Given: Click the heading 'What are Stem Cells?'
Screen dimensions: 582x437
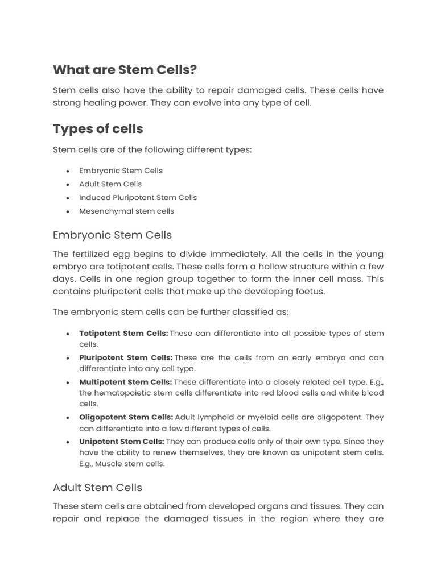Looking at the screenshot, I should pos(125,70).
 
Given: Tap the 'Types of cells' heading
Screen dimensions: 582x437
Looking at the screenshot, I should pos(98,129).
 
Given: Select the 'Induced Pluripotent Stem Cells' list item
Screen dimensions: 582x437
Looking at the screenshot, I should pos(138,198).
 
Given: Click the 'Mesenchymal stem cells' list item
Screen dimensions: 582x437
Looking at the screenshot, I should pos(126,211).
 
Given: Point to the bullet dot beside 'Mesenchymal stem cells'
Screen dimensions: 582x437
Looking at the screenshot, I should pos(68,211).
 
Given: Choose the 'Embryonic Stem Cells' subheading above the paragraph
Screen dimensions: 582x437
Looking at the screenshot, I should pos(112,235).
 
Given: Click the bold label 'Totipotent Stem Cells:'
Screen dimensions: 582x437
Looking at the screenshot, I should pos(123,334).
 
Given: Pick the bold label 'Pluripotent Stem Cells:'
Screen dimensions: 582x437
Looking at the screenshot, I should pos(126,358).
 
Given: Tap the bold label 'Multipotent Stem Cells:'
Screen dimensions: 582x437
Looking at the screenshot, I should pos(125,382).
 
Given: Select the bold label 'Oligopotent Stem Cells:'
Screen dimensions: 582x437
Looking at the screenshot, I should pos(126,417).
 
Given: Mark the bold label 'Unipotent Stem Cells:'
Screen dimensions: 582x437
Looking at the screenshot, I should pos(122,442).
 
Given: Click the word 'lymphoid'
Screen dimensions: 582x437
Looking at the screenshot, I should pos(215,417).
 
